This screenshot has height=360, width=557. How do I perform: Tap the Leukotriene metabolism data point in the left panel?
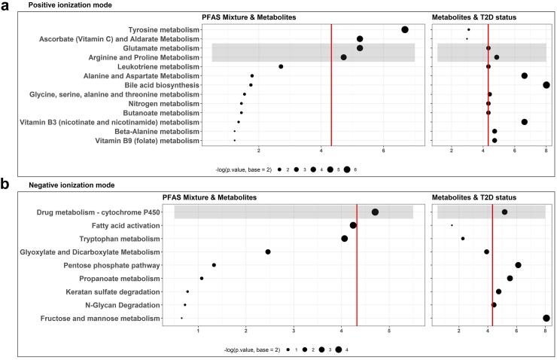click(281, 66)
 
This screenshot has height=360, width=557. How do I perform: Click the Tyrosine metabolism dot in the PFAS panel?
click(405, 29)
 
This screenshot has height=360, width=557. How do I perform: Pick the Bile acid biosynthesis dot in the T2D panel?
click(546, 85)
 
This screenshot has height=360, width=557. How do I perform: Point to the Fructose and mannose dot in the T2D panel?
click(546, 319)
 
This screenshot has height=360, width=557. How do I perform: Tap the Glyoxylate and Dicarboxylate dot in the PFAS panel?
click(268, 252)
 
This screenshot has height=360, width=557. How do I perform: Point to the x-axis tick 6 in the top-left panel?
click(384, 153)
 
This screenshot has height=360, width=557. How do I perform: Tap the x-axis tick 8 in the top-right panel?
click(546, 153)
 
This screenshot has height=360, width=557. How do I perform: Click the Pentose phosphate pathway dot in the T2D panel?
click(518, 265)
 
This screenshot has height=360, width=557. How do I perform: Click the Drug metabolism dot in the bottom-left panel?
click(375, 212)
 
